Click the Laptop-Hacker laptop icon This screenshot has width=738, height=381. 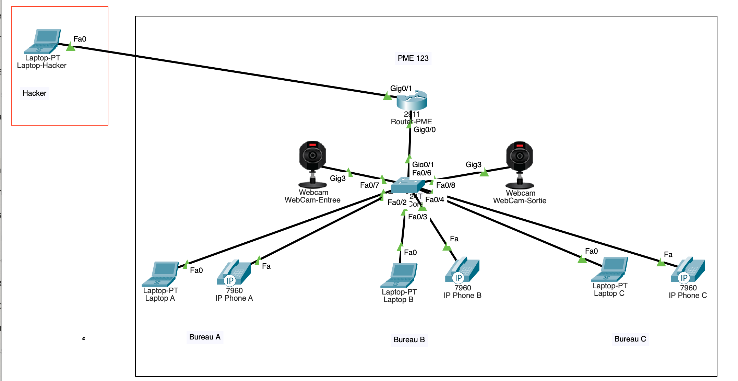pos(43,41)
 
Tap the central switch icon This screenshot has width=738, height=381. pos(408,185)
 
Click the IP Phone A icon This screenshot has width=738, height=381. pos(234,273)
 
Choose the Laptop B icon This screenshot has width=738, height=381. pos(399,275)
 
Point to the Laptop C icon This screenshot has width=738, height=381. pos(610,269)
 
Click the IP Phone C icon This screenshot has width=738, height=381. pos(688,270)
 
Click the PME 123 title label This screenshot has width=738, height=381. pos(413,58)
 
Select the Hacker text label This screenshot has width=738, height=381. pos(34,93)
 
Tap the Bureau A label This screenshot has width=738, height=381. pos(205,337)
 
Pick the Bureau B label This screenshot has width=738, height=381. pos(409,340)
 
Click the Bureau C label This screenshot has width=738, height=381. pos(630,339)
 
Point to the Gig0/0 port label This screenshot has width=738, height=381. pos(425,130)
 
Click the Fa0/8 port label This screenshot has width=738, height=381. pos(445,185)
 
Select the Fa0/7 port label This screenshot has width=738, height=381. pos(369,185)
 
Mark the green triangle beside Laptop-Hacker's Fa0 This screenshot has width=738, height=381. pos(71,47)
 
